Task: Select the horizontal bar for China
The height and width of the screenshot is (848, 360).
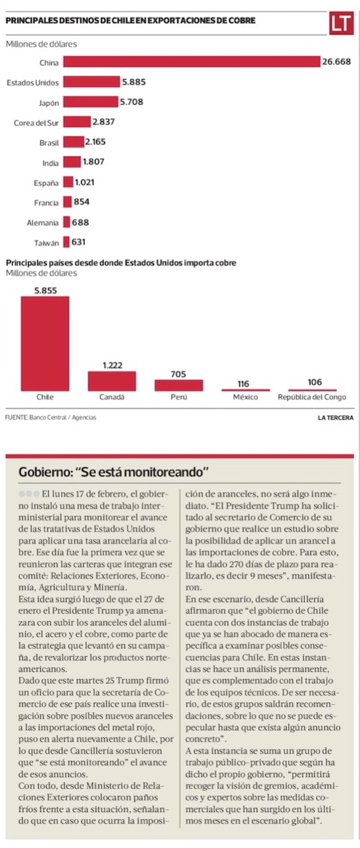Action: pyautogui.click(x=192, y=63)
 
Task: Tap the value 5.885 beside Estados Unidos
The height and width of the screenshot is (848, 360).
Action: pyautogui.click(x=134, y=82)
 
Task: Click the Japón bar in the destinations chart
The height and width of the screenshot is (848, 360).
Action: pyautogui.click(x=91, y=101)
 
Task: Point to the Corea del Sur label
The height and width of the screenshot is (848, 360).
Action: pyautogui.click(x=36, y=122)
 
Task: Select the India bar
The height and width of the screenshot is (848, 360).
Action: pyautogui.click(x=72, y=162)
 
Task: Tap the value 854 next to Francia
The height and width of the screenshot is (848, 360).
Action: pyautogui.click(x=82, y=202)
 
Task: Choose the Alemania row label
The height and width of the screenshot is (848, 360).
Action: pyautogui.click(x=43, y=222)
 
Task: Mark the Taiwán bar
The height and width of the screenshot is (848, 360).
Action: pyautogui.click(x=67, y=241)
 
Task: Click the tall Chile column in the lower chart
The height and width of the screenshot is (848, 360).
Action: pyautogui.click(x=45, y=344)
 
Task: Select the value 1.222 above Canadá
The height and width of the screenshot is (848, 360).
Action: pyautogui.click(x=112, y=366)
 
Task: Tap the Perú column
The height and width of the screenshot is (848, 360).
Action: pyautogui.click(x=179, y=385)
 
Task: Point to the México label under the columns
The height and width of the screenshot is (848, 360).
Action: pyautogui.click(x=246, y=397)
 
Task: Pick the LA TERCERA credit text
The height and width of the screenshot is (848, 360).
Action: pyautogui.click(x=336, y=418)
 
